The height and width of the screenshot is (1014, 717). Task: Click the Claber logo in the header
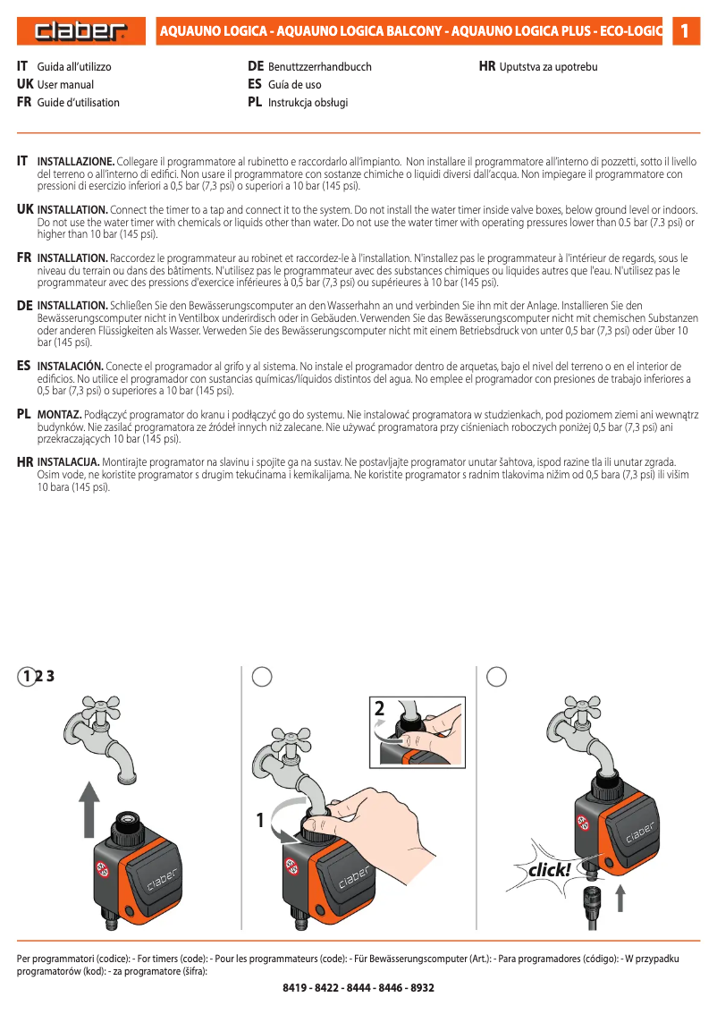tap(81, 32)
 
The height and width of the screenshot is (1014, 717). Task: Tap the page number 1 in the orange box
tap(684, 31)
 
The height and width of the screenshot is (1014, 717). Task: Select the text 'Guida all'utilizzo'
tap(74, 67)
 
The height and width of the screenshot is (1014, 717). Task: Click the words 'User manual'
tap(65, 85)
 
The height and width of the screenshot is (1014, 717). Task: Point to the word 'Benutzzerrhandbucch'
tap(319, 67)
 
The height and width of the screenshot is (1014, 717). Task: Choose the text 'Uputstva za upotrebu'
tap(548, 67)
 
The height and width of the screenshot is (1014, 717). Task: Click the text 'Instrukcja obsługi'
tap(308, 103)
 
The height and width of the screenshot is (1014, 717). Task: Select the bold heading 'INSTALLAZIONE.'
tap(76, 161)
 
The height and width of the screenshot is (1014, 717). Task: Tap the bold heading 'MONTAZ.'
tap(59, 415)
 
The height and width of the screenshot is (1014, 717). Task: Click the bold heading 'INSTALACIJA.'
tap(68, 461)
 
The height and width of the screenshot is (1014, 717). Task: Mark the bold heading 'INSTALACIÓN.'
tap(71, 367)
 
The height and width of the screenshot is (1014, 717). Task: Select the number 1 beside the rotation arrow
tap(260, 819)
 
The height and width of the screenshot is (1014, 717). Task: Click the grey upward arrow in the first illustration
tap(87, 808)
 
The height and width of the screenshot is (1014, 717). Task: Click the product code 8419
tap(296, 988)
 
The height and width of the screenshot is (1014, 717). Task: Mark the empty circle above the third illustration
tap(497, 676)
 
